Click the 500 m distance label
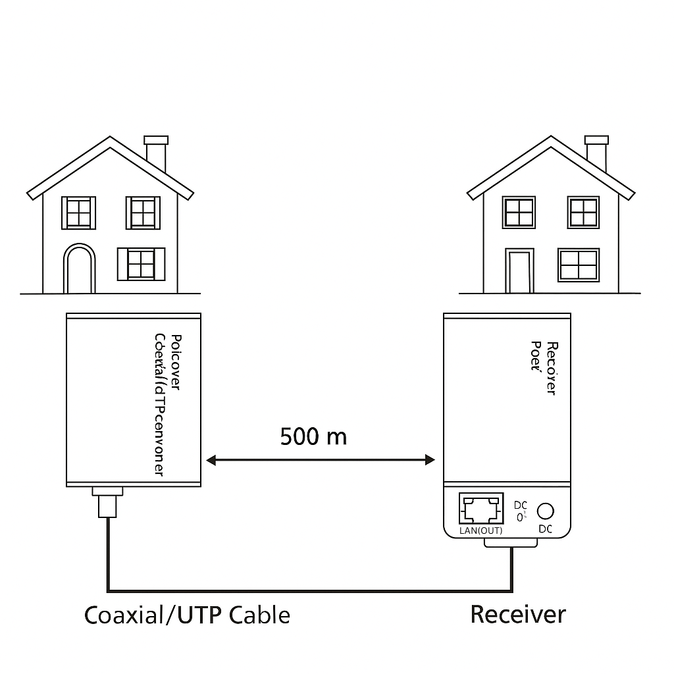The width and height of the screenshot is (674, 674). (x=313, y=436)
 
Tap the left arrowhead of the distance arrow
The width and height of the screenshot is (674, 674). (x=211, y=459)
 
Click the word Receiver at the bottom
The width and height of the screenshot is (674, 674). (x=517, y=615)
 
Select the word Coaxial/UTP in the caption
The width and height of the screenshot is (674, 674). (x=154, y=616)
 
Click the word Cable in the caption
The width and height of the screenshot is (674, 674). (x=260, y=615)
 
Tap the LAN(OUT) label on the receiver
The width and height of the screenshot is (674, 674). (x=480, y=531)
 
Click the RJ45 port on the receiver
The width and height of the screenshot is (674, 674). (x=480, y=509)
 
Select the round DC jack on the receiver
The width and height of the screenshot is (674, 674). (x=545, y=511)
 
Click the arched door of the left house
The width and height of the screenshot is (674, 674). (x=79, y=269)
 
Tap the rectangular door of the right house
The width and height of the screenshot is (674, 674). (x=519, y=272)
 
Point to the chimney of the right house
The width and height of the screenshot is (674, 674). (x=596, y=153)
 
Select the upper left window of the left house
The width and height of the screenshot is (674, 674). (x=78, y=213)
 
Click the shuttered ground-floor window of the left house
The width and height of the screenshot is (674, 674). (x=141, y=264)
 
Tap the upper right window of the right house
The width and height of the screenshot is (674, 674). (x=583, y=213)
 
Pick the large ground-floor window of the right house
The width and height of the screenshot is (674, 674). (x=579, y=265)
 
